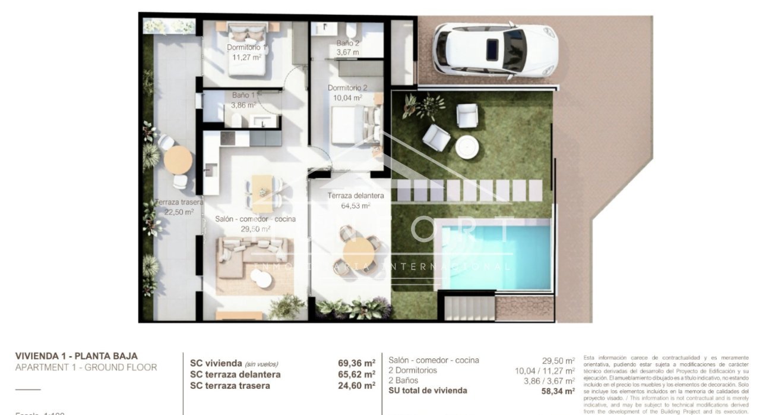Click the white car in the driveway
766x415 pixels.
[x=494, y=50]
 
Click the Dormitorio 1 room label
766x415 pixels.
[x=246, y=48]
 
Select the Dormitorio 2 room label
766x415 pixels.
[x=347, y=88]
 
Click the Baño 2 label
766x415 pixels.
[x=348, y=43]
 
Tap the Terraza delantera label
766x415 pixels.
[x=356, y=196]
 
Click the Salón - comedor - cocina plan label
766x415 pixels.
[x=255, y=219]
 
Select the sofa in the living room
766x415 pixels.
[x=254, y=257]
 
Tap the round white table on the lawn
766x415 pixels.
[x=466, y=146]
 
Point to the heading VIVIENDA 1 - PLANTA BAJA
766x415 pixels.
[x=76, y=356]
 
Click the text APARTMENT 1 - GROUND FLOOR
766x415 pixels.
[x=86, y=367]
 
